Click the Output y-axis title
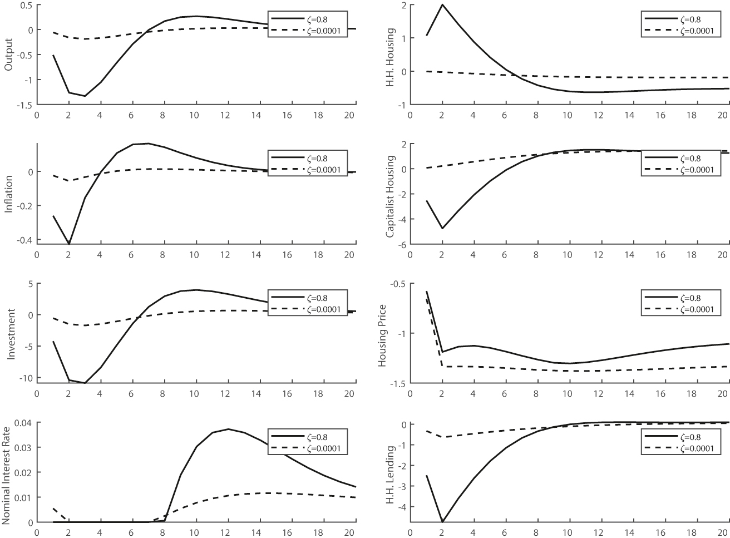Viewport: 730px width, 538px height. [8, 55]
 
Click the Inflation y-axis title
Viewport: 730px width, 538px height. [8, 194]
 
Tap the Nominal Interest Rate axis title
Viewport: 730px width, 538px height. [8, 472]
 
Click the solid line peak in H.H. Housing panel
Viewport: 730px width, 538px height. [442, 5]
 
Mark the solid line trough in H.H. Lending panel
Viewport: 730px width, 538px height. [442, 522]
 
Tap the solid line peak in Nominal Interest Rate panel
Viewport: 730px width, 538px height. [229, 429]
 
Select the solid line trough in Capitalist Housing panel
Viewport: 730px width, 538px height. [442, 228]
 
